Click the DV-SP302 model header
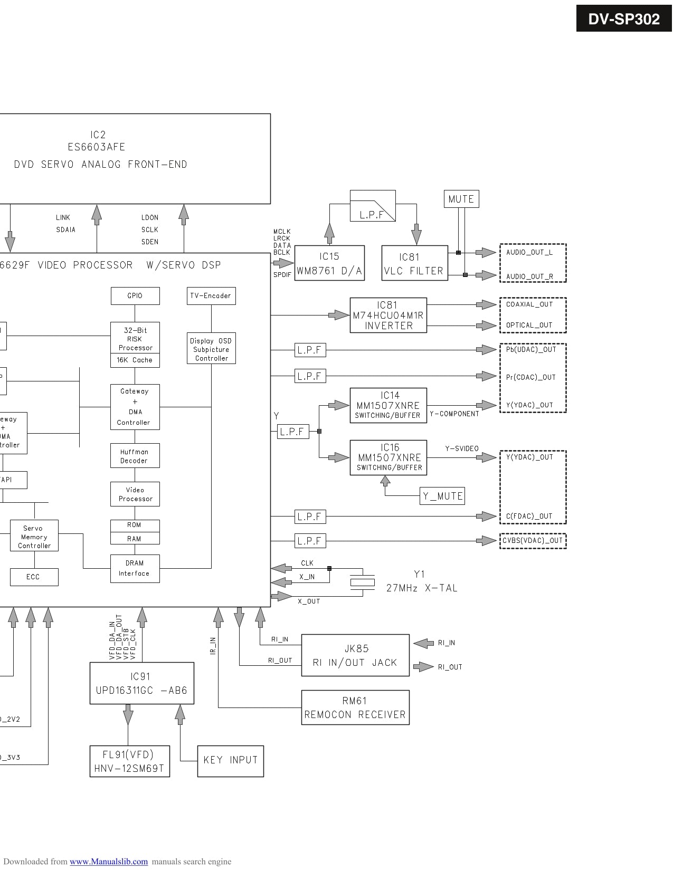[x=623, y=18]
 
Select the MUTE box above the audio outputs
[x=461, y=199]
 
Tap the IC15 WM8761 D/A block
[x=329, y=263]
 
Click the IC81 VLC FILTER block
[x=414, y=263]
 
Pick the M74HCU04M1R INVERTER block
[x=388, y=316]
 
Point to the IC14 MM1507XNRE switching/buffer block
[x=388, y=405]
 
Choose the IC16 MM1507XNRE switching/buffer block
[x=388, y=457]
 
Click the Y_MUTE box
[x=442, y=496]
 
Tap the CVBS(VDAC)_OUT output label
[x=533, y=541]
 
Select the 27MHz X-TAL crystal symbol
[x=363, y=582]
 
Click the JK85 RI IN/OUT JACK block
[x=355, y=655]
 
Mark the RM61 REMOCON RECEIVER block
[x=355, y=708]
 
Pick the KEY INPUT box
[x=230, y=761]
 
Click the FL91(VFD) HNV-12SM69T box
[x=129, y=761]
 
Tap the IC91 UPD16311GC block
[x=141, y=683]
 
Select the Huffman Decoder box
[x=135, y=456]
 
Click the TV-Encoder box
[x=211, y=296]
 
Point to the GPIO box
[x=135, y=296]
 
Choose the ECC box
[x=34, y=577]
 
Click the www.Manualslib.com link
[x=109, y=862]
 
